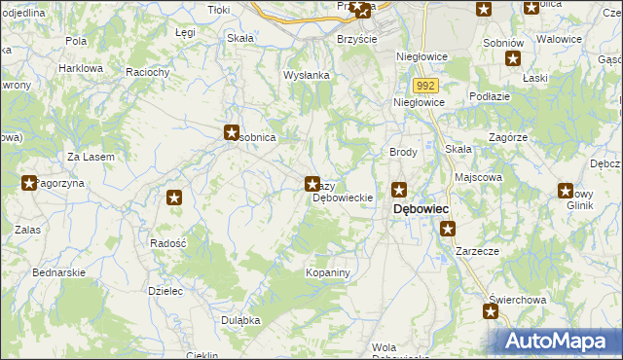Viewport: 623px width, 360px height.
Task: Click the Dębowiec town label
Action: (421, 209)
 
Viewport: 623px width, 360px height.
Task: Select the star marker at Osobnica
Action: (232, 132)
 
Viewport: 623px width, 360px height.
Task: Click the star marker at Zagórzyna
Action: (29, 182)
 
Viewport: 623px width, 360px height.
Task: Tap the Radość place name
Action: (168, 242)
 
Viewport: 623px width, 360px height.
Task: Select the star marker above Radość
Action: (174, 198)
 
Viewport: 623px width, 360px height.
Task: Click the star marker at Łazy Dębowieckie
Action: (312, 183)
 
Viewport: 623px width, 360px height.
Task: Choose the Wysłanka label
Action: (307, 75)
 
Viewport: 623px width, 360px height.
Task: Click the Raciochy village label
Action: (148, 72)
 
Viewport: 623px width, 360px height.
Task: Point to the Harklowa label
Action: (80, 69)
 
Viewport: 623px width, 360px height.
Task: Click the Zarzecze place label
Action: (474, 250)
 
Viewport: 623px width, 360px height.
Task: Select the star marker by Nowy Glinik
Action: (566, 191)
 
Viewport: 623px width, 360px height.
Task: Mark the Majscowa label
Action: (478, 178)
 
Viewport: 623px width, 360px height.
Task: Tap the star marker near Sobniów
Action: (513, 58)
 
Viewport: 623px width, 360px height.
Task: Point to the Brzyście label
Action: (356, 38)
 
